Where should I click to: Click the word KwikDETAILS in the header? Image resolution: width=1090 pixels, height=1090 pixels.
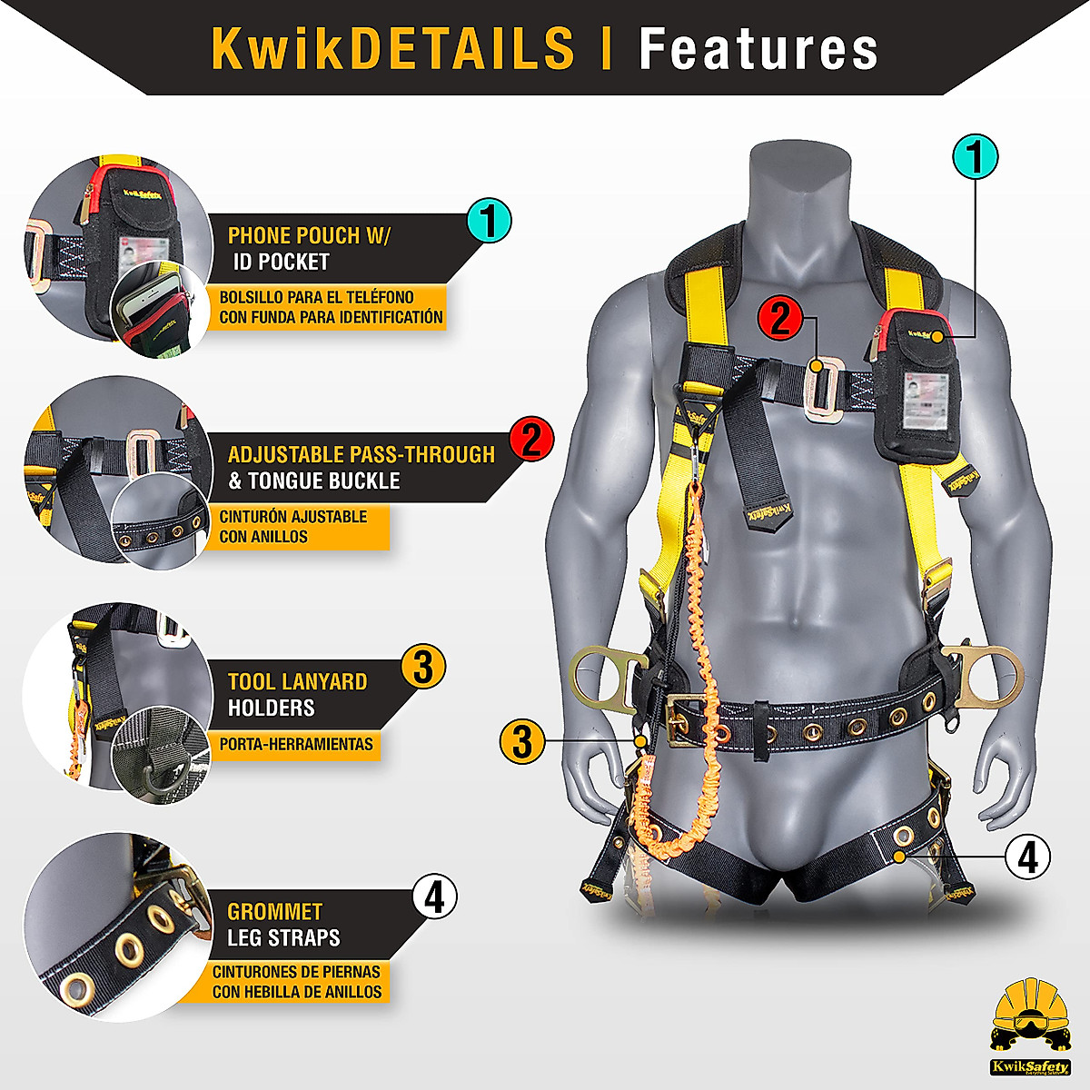(x=392, y=48)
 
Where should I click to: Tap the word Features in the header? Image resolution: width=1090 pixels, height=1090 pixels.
(x=758, y=48)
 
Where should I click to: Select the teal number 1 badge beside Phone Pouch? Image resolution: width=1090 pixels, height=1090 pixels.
(x=489, y=221)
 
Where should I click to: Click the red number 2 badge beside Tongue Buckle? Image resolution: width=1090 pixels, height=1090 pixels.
(x=531, y=440)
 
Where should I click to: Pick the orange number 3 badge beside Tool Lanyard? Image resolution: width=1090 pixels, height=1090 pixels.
(x=422, y=666)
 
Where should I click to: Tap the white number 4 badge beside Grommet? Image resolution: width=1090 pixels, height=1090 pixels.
(x=434, y=897)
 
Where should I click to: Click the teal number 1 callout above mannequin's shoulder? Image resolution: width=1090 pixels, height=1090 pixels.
(x=975, y=157)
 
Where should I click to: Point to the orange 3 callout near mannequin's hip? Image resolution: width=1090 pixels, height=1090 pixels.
(x=521, y=741)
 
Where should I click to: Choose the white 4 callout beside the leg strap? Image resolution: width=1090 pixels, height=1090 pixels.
(x=1027, y=856)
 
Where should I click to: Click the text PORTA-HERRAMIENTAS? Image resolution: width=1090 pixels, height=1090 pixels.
(x=296, y=744)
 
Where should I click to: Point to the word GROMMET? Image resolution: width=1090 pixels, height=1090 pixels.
(x=274, y=911)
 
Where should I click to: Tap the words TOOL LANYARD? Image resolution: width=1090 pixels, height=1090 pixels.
(x=297, y=681)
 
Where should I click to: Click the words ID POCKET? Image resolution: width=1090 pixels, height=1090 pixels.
(x=282, y=262)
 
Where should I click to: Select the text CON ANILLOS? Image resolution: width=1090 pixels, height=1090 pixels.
(x=263, y=537)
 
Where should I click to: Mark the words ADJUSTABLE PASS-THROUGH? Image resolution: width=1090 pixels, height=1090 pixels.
(x=361, y=454)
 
